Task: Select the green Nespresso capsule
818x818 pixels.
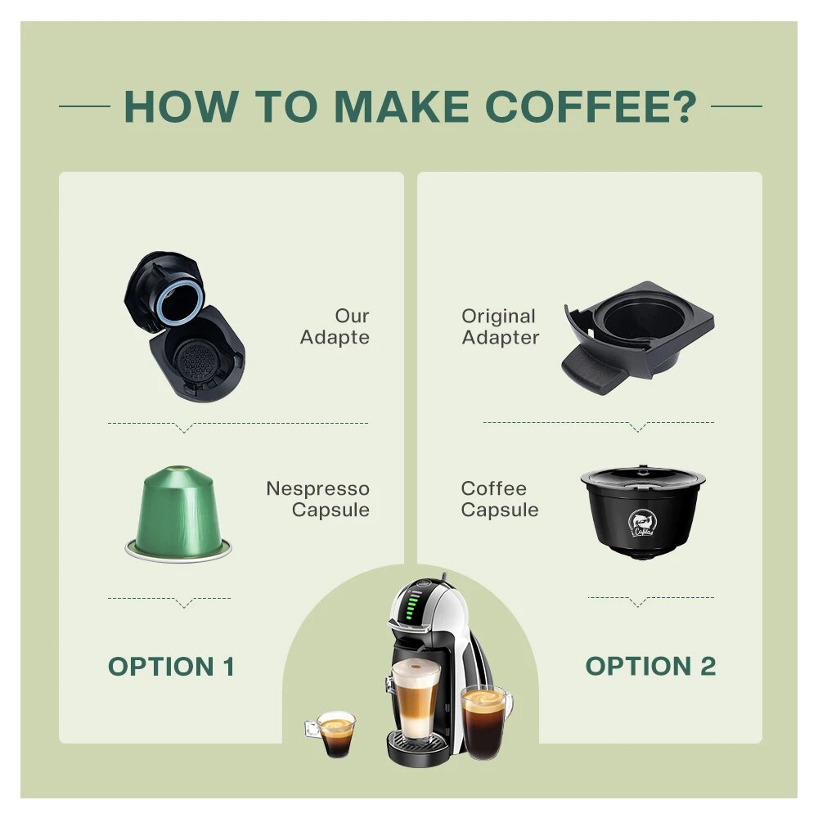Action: (178, 514)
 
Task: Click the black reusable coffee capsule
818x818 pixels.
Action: (643, 512)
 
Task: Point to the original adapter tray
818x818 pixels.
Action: (637, 337)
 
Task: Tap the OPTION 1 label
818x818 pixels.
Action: (171, 666)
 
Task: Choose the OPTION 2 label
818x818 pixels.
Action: (650, 666)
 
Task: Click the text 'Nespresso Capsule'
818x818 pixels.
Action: (317, 499)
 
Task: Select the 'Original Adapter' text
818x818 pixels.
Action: (500, 326)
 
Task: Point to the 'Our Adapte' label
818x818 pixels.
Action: (335, 326)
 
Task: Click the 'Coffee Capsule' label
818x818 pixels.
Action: (499, 499)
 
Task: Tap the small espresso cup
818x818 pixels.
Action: (332, 734)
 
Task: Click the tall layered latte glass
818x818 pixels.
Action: (416, 699)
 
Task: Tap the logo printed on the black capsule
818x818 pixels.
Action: (641, 524)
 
